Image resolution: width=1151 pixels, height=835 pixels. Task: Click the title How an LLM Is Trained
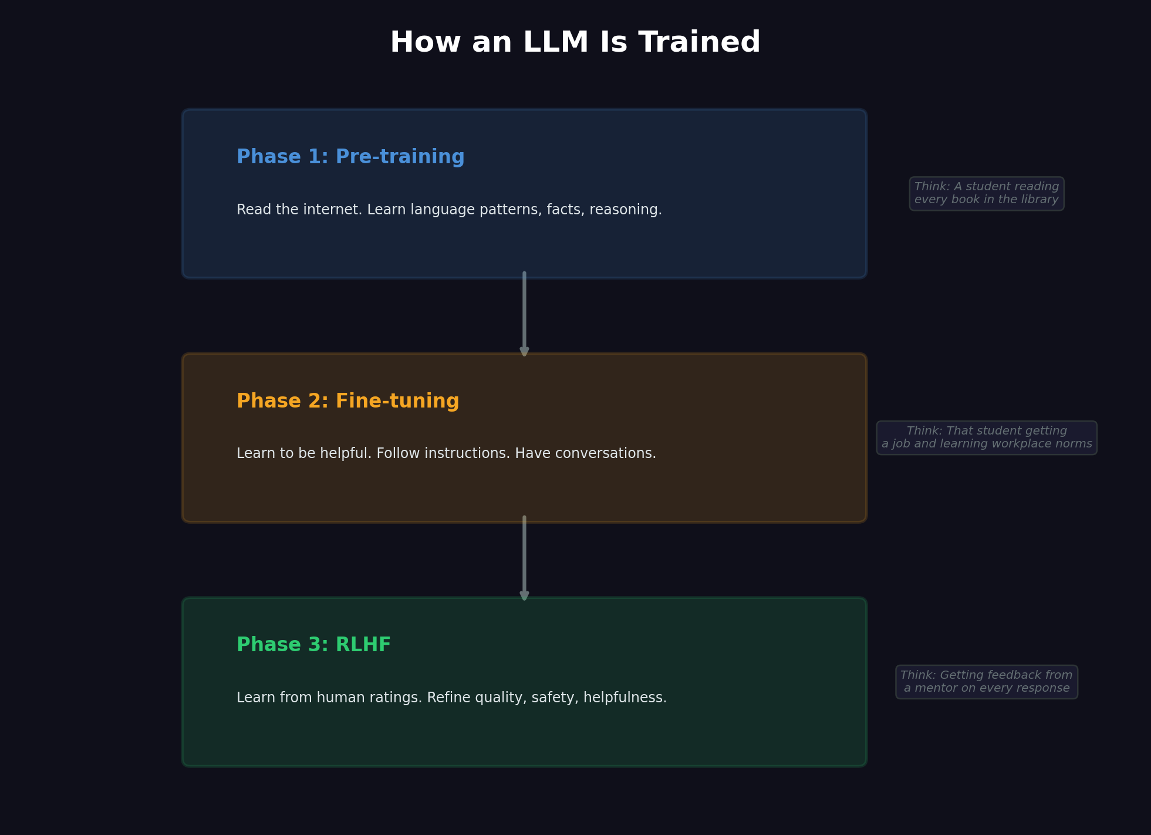pos(575,43)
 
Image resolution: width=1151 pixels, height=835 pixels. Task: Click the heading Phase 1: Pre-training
pos(350,157)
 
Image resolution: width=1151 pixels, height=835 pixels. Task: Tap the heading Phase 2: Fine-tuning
pos(347,401)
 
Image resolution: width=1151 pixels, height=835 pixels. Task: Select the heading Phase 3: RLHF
pos(313,645)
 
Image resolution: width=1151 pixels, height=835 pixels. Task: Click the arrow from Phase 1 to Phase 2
pos(524,314)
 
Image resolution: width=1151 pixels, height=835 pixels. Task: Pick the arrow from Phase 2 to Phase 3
pos(524,558)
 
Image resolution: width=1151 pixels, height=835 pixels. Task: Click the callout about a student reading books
pos(986,194)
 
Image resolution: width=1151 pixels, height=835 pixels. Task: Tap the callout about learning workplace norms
pos(986,437)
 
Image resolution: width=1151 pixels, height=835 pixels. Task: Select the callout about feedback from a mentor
pos(986,682)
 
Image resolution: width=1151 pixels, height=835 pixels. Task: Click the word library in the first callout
pos(1039,200)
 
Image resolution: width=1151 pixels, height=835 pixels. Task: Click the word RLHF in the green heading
pos(363,645)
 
